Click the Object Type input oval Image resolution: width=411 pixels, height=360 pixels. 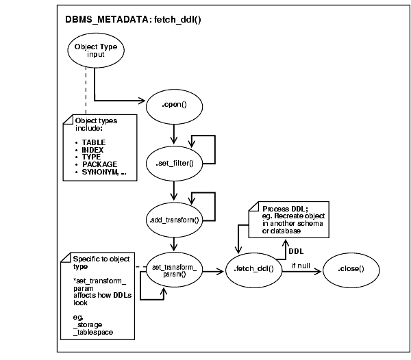(x=96, y=50)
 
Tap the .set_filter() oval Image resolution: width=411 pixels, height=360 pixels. (x=176, y=162)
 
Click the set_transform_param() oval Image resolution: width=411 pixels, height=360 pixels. (x=177, y=269)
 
